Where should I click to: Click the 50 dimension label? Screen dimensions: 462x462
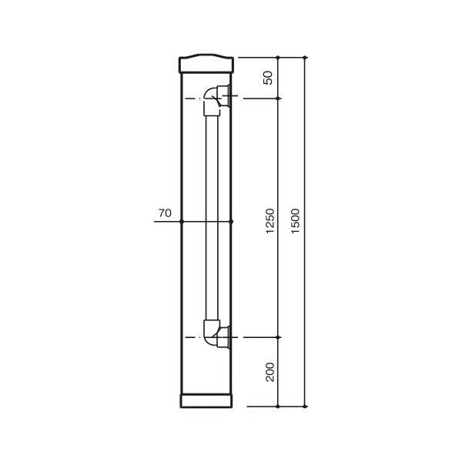(x=269, y=78)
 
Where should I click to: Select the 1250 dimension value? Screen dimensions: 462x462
(x=270, y=221)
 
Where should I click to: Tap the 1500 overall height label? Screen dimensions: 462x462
(x=295, y=221)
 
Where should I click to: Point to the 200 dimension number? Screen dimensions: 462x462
(x=270, y=372)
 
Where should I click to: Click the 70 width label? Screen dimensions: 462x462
(x=165, y=213)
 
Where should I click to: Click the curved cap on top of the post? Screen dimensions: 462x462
(x=206, y=63)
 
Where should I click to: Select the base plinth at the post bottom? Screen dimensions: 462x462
(x=206, y=400)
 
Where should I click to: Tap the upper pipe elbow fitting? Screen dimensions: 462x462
(x=211, y=101)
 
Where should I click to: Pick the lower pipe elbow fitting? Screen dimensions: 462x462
(x=211, y=333)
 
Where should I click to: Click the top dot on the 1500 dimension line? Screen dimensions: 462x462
(x=305, y=58)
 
